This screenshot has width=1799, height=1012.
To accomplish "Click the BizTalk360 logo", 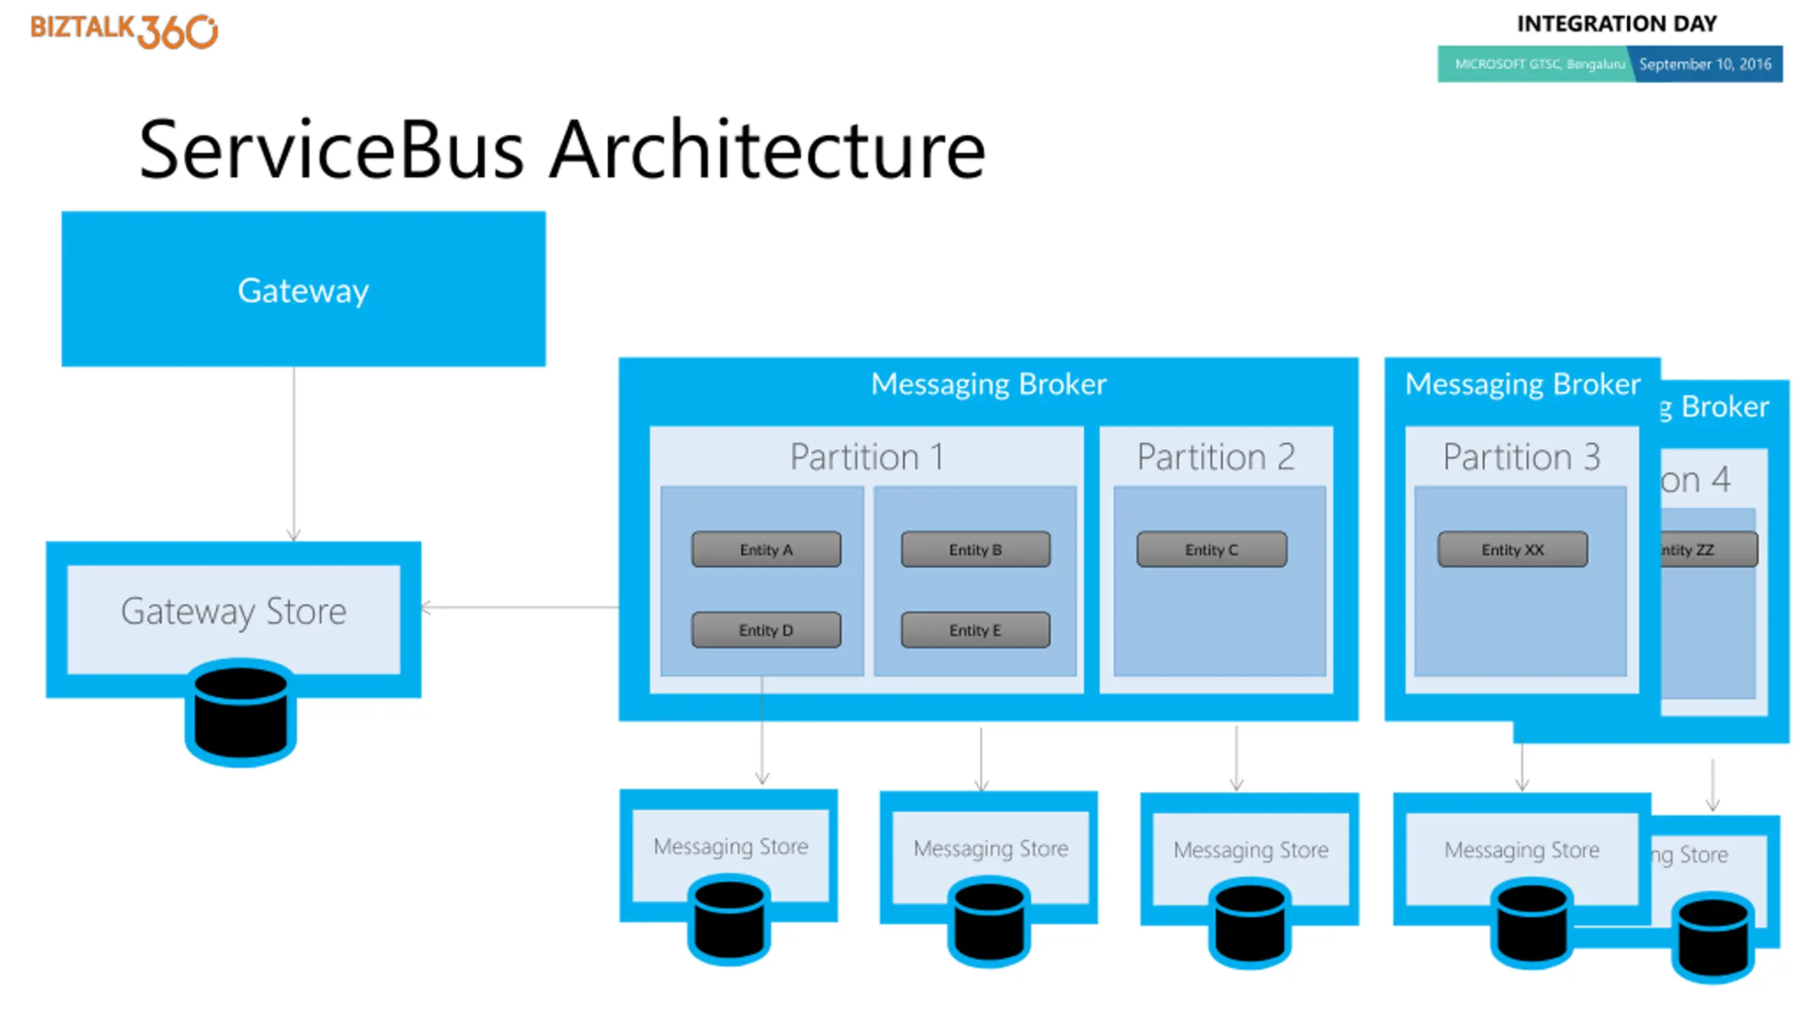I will click(x=124, y=30).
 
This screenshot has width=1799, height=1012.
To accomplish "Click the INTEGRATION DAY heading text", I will click(x=1616, y=24).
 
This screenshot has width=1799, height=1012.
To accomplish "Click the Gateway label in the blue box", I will click(x=303, y=290).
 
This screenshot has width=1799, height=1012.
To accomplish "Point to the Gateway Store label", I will click(x=233, y=611).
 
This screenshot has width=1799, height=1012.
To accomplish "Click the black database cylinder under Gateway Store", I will click(x=240, y=712).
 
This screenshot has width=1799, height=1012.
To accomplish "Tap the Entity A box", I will click(x=766, y=550).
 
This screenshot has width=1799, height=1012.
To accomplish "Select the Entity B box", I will click(x=975, y=550).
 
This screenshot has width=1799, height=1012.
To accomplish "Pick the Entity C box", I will click(x=1212, y=550).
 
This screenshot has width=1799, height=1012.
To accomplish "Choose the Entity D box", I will click(x=766, y=630).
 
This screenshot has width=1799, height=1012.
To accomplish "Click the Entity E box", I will click(x=975, y=630).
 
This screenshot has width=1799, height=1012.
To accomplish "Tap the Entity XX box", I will click(x=1512, y=550).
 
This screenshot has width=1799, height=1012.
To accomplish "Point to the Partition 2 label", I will click(x=1216, y=457).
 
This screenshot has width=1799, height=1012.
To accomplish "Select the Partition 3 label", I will click(x=1521, y=457).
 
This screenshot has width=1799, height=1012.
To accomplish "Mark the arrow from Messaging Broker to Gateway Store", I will click(x=520, y=607).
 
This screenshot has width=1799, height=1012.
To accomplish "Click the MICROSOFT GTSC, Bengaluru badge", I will click(x=1539, y=64).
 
